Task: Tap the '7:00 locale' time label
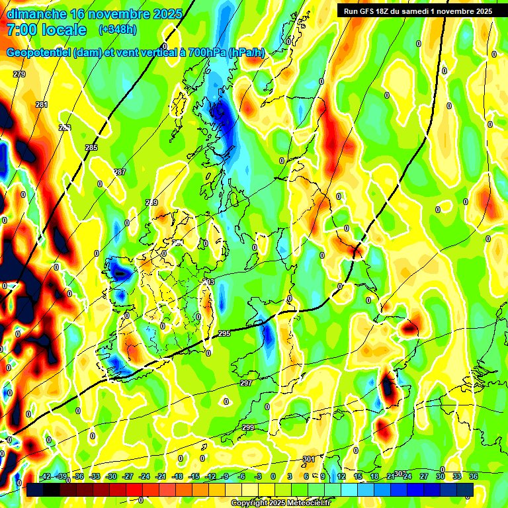46,30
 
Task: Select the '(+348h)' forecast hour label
118,30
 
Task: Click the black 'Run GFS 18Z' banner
417,11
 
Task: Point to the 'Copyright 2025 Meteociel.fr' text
281,503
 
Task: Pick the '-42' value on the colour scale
46,476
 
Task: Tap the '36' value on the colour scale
474,476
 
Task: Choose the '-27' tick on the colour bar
128,476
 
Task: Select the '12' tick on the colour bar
341,476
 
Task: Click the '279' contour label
19,74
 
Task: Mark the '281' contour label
42,105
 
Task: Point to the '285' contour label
91,147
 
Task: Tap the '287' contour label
120,172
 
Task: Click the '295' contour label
224,333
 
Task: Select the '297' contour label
246,383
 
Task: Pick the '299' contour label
248,427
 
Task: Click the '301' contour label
308,459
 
